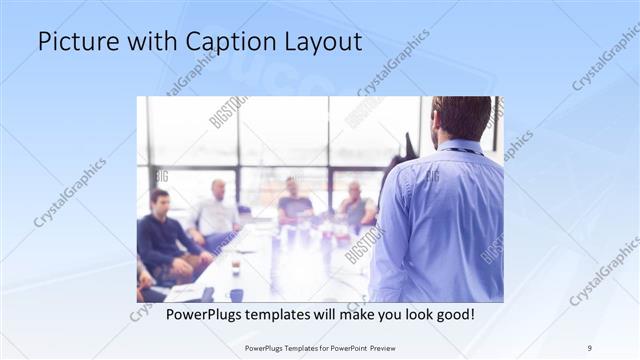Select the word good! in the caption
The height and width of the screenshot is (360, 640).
point(452,315)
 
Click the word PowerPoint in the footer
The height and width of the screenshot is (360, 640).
point(347,347)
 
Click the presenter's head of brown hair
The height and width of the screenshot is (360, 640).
point(461,116)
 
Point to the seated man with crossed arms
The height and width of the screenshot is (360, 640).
point(356,205)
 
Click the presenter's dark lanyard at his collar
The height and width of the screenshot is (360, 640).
point(460,151)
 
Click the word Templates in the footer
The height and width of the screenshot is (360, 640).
point(288,347)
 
